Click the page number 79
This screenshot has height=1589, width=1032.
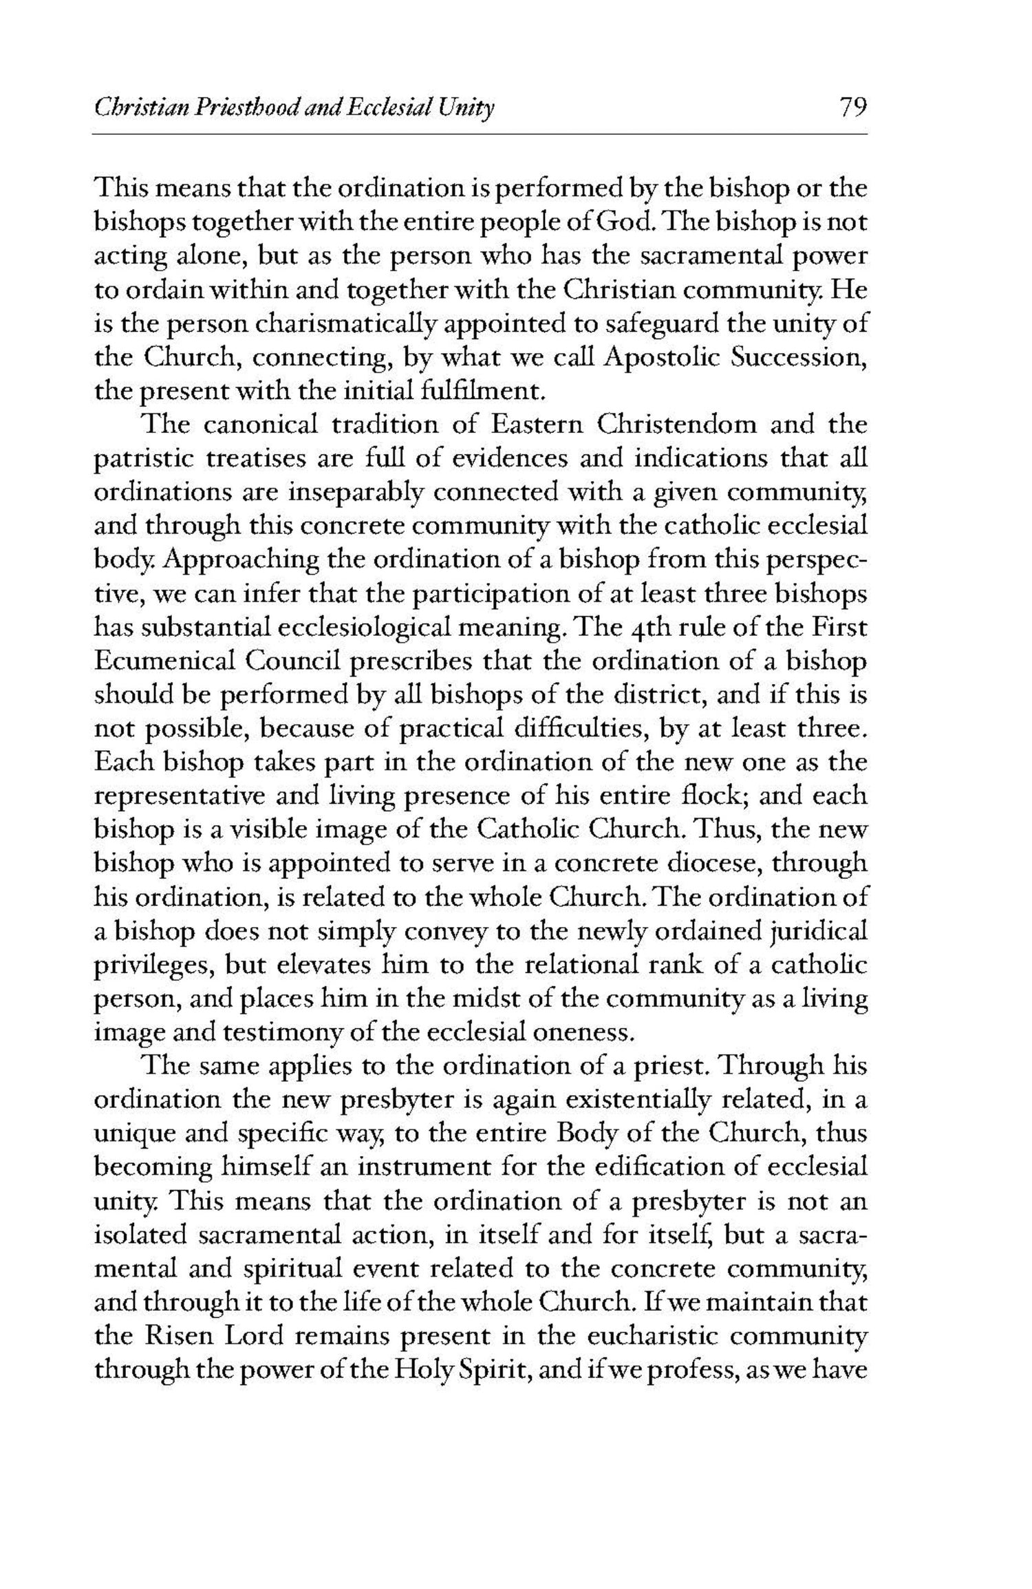tap(852, 109)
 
